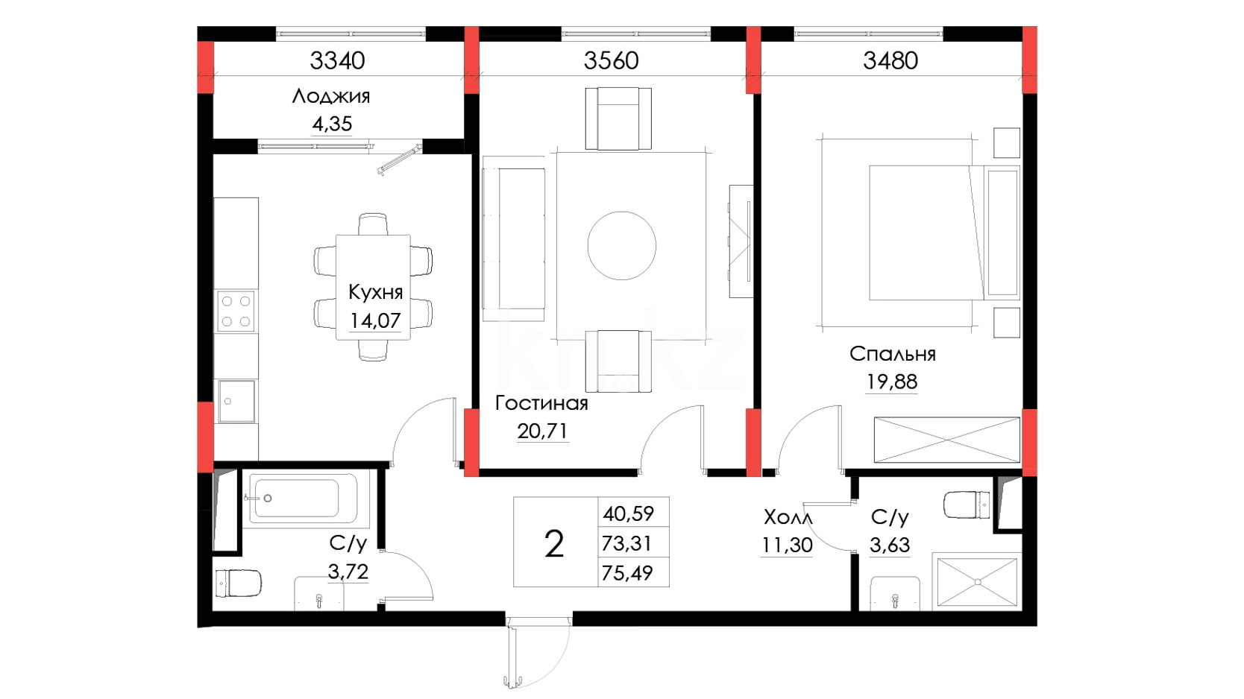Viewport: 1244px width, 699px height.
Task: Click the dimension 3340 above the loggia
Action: tap(337, 60)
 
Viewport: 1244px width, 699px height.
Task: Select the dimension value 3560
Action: tap(611, 60)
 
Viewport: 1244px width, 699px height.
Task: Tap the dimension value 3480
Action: tap(890, 60)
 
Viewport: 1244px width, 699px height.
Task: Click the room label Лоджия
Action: tap(331, 97)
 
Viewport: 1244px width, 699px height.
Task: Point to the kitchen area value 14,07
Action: tap(375, 320)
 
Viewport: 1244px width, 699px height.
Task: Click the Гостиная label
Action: tap(541, 403)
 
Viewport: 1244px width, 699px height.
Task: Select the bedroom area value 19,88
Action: tap(892, 382)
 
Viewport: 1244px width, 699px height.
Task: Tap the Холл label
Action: tap(788, 518)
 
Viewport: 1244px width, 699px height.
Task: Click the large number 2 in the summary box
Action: tap(554, 544)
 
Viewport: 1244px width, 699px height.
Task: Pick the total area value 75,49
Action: tap(627, 572)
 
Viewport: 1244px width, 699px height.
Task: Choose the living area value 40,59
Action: tap(628, 513)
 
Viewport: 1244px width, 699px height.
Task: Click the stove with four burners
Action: tap(236, 311)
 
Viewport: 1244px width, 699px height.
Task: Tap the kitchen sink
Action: tap(236, 401)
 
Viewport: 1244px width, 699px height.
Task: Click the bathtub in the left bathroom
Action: tap(303, 499)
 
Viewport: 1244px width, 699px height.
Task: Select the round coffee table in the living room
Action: tap(621, 245)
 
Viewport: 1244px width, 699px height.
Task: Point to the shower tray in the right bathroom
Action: tap(977, 581)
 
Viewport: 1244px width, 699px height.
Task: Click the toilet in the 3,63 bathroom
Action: tap(967, 505)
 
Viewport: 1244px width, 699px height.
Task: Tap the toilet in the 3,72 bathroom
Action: tap(238, 583)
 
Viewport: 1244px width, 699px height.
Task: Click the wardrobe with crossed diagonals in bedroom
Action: tap(947, 440)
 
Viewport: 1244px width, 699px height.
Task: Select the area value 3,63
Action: tap(889, 545)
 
